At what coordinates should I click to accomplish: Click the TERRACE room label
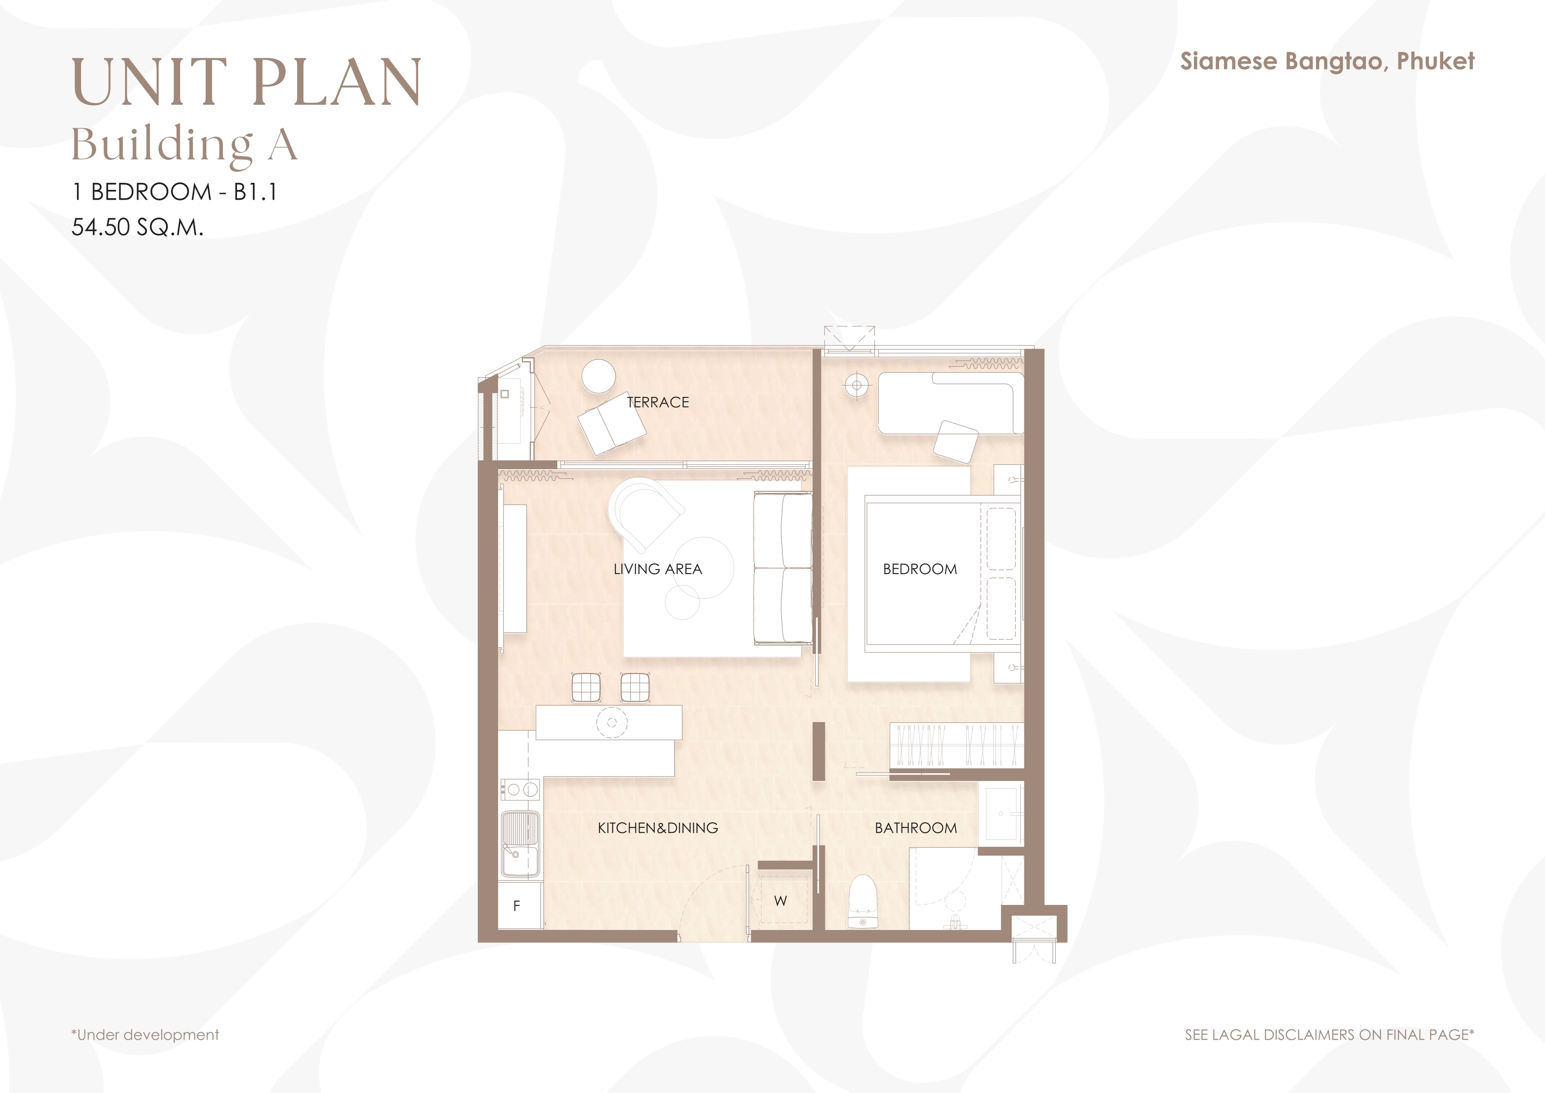point(658,403)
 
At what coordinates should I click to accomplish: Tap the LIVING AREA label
point(658,569)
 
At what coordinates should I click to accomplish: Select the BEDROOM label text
point(920,569)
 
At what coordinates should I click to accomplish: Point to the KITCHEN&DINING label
point(658,828)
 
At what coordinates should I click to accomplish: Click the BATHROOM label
point(915,828)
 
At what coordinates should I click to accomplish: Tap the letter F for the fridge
point(517,906)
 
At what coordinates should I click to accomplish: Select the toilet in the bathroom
point(861,902)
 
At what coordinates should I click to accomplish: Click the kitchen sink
point(520,845)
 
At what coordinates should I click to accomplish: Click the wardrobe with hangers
point(956,745)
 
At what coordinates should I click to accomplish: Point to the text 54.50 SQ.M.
point(137,227)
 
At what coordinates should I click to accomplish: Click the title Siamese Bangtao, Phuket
point(1327,61)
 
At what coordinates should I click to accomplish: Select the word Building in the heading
point(162,144)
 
